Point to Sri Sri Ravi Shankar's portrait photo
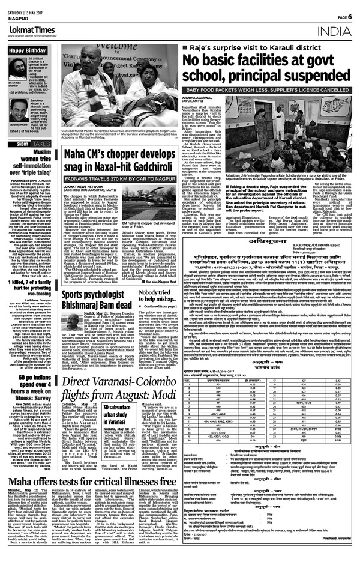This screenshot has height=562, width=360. coord(15,65)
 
